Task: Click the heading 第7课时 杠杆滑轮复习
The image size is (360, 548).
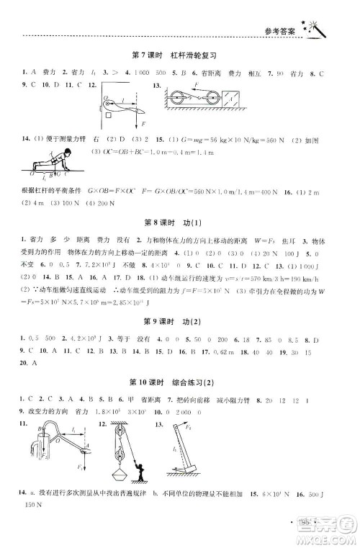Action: coord(176,55)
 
